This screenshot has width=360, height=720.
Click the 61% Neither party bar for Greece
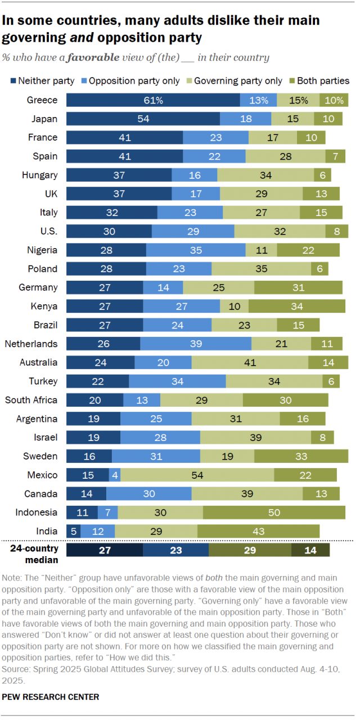[x=153, y=100]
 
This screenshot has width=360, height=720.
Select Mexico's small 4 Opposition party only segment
[x=115, y=475]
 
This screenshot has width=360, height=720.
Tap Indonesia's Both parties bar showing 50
[x=274, y=512]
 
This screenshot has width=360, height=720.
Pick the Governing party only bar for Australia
[x=250, y=362]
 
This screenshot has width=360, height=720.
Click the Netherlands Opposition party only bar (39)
[x=195, y=344]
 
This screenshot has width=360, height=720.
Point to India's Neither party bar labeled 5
[x=73, y=531]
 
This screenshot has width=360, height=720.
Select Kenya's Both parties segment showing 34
[x=296, y=306]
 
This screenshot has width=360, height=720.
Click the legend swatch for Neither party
[x=12, y=81]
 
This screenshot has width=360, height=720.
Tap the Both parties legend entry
[x=322, y=81]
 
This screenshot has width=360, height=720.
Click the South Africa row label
[x=31, y=400]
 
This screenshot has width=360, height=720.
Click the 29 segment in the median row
[x=250, y=550]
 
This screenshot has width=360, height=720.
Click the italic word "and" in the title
[x=81, y=38]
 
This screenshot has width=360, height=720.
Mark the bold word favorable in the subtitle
[x=98, y=57]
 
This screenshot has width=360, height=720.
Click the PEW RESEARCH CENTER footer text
[x=51, y=697]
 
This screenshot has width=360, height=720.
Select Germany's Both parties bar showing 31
[x=298, y=287]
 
